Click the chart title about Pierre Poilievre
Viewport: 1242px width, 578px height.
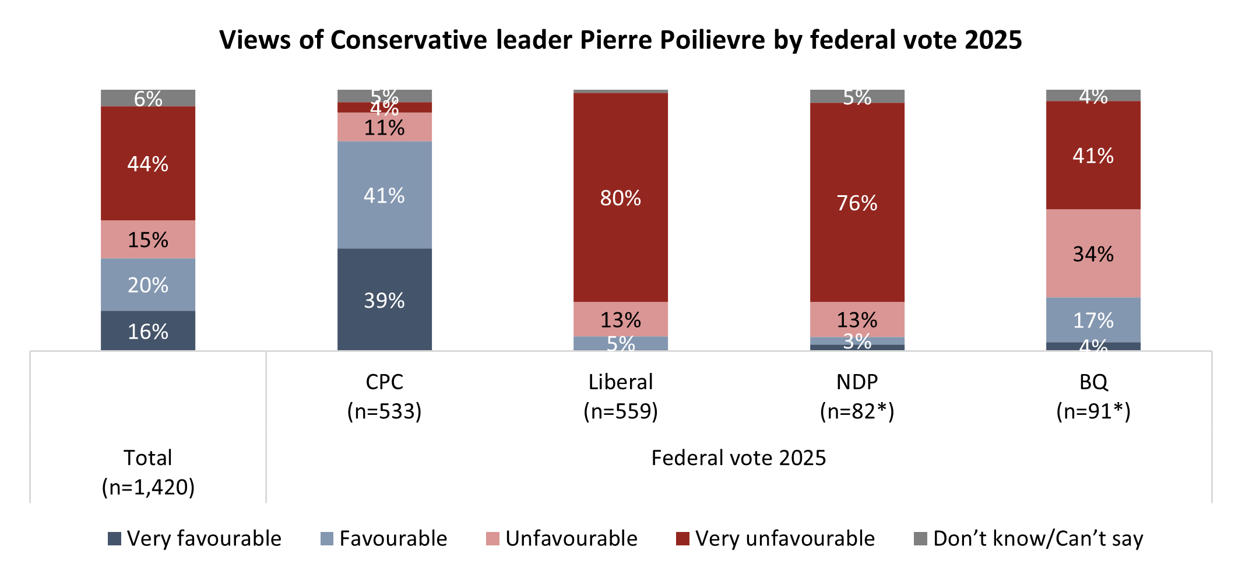(620, 40)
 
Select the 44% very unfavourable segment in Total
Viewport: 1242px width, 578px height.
(148, 163)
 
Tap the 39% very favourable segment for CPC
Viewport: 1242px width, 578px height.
(384, 299)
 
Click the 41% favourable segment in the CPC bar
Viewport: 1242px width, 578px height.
(384, 195)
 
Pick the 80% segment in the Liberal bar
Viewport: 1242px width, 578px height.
(621, 198)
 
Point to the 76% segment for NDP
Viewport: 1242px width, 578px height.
(857, 202)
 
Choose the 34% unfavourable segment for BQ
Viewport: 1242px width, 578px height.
(1093, 253)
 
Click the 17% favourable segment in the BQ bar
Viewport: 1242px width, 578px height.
(1093, 320)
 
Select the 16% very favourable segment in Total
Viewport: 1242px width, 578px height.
(148, 331)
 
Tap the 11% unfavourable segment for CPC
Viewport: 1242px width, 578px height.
(384, 127)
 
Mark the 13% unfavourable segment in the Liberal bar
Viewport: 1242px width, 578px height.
(621, 319)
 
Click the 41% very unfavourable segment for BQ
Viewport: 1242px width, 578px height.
(1093, 155)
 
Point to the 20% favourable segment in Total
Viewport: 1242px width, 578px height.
(148, 284)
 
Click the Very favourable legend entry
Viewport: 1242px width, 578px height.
(195, 538)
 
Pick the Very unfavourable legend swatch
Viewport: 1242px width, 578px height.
(682, 538)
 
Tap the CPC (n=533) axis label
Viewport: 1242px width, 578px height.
(384, 396)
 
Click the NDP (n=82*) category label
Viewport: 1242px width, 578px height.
(857, 396)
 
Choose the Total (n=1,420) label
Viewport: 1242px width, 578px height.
(148, 472)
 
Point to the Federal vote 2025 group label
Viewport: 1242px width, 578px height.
(738, 458)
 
